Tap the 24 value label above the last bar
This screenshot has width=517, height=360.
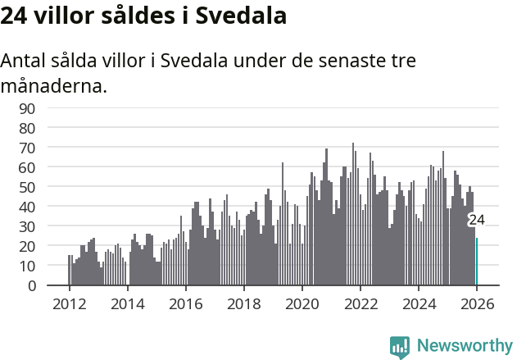tap(476, 220)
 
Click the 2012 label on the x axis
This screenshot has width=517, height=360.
tap(69, 303)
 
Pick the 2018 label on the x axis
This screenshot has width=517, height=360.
tap(244, 303)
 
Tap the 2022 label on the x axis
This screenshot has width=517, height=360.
tap(361, 303)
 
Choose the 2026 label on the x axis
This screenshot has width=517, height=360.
tap(477, 303)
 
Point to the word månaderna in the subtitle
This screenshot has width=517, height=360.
tap(54, 85)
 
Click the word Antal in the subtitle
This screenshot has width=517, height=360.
tap(25, 61)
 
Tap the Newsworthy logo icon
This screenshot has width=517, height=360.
tap(400, 346)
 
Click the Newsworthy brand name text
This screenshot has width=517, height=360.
tap(464, 346)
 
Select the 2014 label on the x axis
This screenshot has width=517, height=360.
tap(127, 303)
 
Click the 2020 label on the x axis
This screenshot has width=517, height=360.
tap(302, 303)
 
